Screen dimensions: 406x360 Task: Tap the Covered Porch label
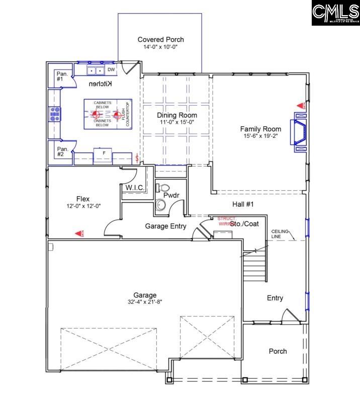click(x=161, y=39)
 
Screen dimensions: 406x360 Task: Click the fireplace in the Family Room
click(x=300, y=132)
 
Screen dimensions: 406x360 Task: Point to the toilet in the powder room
click(x=164, y=188)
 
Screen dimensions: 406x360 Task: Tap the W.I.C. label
click(x=135, y=188)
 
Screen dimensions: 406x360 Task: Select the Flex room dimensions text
click(x=83, y=206)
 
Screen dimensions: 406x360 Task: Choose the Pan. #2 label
click(x=62, y=151)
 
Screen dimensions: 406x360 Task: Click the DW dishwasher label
click(x=111, y=69)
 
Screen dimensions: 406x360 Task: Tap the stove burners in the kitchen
click(x=55, y=115)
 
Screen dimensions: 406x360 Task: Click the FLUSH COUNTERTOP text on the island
click(x=126, y=114)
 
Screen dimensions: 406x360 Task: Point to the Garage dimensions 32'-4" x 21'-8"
click(x=144, y=302)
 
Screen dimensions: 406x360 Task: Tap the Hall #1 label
click(x=242, y=204)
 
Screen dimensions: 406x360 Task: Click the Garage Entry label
click(x=165, y=226)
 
